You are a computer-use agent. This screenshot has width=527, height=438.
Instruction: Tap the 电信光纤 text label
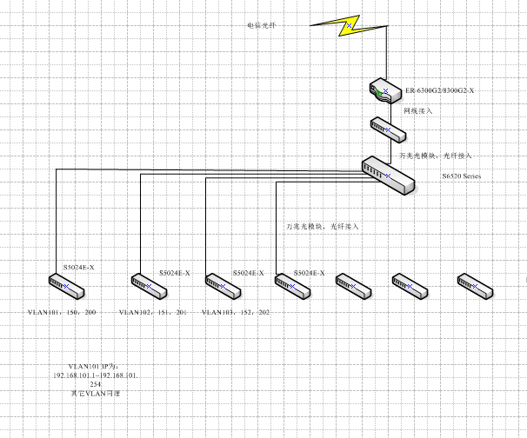[262, 26]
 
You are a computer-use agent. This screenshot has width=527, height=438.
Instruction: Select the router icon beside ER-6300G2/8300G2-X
[384, 90]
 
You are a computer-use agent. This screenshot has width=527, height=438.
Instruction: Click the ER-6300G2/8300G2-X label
[440, 91]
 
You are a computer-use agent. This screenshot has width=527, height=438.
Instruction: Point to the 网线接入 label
[418, 111]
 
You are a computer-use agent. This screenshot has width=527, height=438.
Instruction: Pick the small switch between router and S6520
[388, 129]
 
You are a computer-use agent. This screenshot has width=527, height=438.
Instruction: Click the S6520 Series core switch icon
[384, 171]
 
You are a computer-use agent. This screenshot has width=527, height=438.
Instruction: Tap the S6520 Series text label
[460, 176]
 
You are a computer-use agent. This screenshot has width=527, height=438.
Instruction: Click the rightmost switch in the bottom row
[476, 284]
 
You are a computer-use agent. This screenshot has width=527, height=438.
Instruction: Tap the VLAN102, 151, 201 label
[153, 311]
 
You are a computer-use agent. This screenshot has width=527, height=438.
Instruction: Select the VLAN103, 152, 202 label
[235, 311]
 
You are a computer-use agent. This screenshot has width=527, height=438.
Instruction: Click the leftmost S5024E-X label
[77, 267]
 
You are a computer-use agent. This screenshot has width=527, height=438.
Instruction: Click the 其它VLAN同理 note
[96, 394]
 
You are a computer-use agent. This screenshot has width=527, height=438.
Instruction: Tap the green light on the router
[377, 91]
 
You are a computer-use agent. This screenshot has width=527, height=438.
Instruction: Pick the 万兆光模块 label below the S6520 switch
[323, 226]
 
